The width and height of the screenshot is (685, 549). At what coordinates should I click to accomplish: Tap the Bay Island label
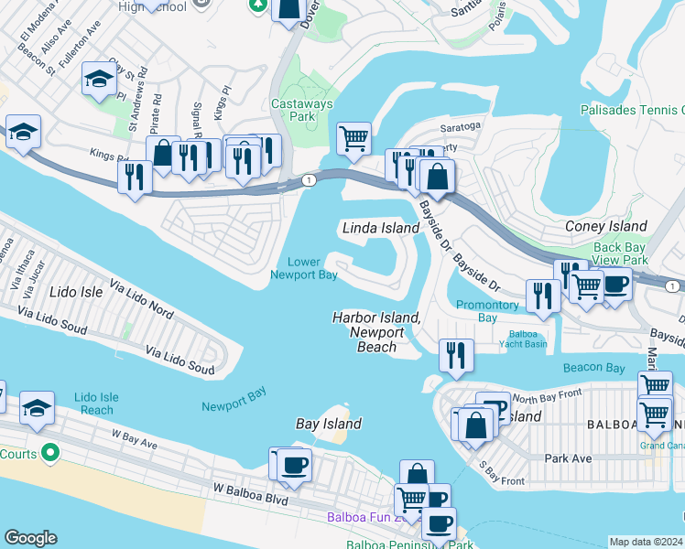pyautogui.click(x=329, y=424)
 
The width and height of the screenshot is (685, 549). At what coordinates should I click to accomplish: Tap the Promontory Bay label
pyautogui.click(x=487, y=311)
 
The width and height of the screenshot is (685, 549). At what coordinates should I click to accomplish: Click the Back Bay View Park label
pyautogui.click(x=620, y=254)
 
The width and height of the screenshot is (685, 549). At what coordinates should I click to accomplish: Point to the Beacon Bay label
pyautogui.click(x=593, y=368)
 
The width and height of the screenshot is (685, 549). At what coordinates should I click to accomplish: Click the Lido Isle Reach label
pyautogui.click(x=96, y=404)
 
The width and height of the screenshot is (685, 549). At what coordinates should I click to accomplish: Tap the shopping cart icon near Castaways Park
pyautogui.click(x=353, y=139)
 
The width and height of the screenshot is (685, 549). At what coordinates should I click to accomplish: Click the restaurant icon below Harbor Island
pyautogui.click(x=456, y=355)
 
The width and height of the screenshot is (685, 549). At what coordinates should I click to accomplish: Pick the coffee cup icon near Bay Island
pyautogui.click(x=294, y=465)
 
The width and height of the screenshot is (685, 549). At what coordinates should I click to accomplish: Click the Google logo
pyautogui.click(x=30, y=538)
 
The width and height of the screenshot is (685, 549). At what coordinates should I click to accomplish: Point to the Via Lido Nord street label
pyautogui.click(x=141, y=298)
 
